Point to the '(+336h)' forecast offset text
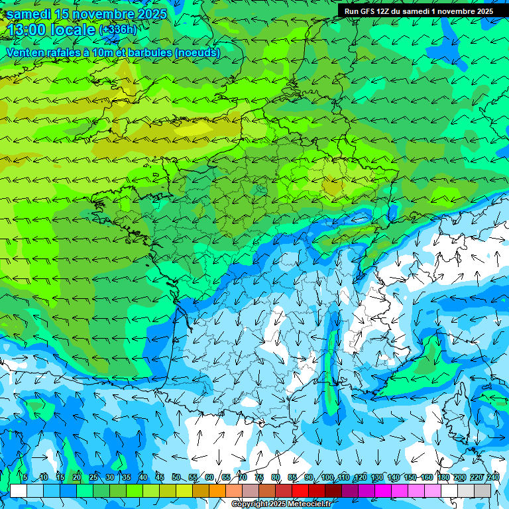click(118, 29)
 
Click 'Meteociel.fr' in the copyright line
click(311, 504)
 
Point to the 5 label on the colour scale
click(25, 478)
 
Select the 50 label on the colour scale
click(176, 478)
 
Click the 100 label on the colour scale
click(327, 478)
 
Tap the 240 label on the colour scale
click(493, 478)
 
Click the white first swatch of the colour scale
click(19, 490)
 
